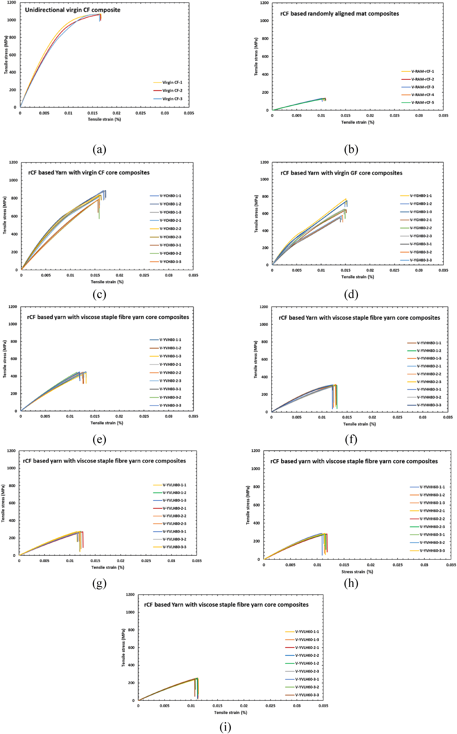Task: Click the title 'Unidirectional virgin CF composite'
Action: pos(73,10)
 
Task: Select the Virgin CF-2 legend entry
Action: pos(168,90)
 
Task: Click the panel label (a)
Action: pos(99,149)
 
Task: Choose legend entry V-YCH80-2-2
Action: pos(166,229)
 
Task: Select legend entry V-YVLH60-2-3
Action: pos(302,671)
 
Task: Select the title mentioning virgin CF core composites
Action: pos(89,173)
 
